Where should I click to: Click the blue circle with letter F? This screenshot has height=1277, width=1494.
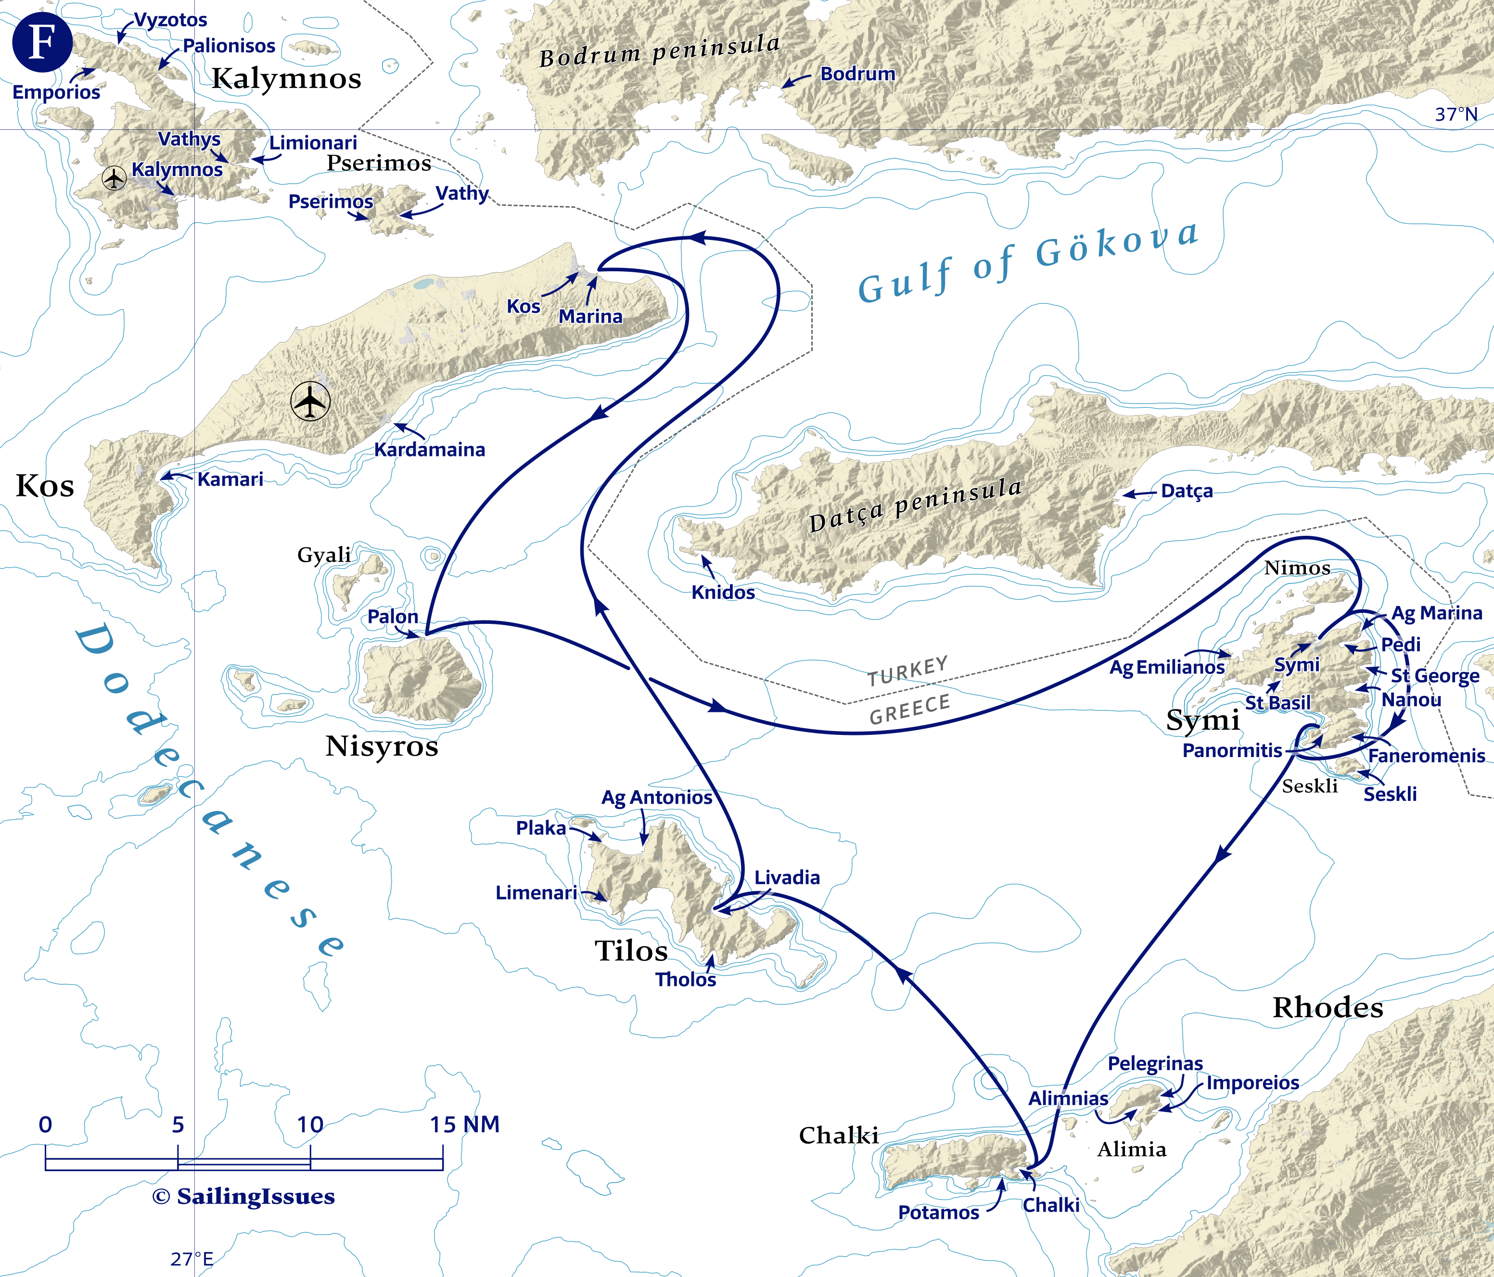[x=42, y=42]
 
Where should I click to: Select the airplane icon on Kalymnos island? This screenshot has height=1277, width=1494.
[x=114, y=177]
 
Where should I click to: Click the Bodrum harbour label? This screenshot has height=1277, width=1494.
[x=857, y=74]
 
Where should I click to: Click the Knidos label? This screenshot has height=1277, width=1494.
[x=723, y=593]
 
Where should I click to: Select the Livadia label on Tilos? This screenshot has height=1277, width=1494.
[x=787, y=878]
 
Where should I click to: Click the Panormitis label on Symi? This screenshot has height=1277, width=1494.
[x=1232, y=751]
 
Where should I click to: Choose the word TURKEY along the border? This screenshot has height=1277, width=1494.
[x=907, y=671]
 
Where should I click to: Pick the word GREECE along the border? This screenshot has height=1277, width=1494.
[x=909, y=710]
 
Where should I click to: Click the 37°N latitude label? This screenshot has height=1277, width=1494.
[x=1456, y=114]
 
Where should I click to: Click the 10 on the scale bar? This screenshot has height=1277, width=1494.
[x=310, y=1124]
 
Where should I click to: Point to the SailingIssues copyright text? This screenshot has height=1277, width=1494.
[x=244, y=1196]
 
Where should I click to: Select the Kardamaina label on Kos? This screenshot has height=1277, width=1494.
[x=429, y=450]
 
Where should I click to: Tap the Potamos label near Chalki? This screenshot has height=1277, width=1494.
[x=938, y=1213]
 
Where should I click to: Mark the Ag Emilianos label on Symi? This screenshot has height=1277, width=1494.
[x=1166, y=667]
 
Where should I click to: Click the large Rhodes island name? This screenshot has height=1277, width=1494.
[x=1328, y=1008]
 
